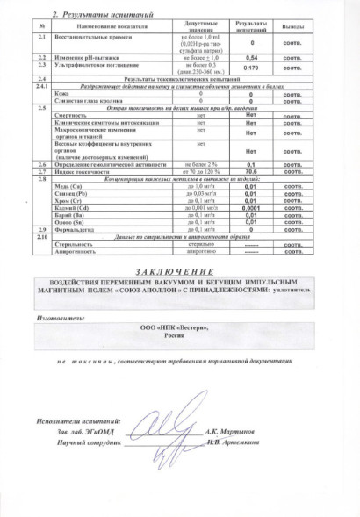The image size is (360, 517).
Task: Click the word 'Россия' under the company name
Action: coord(177,332)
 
